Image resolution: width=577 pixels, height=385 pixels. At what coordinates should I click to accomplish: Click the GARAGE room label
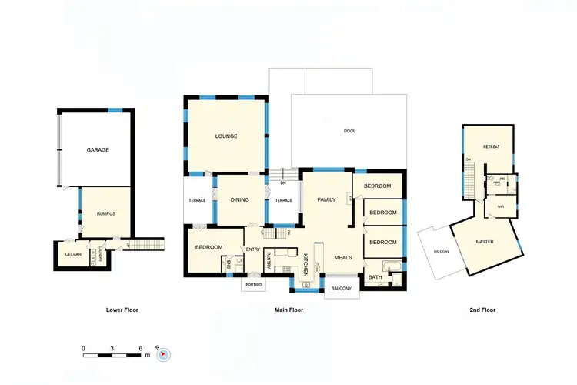click(98, 150)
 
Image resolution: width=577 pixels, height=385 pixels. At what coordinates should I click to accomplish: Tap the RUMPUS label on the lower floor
click(106, 213)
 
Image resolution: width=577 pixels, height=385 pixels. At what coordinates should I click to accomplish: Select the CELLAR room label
click(73, 254)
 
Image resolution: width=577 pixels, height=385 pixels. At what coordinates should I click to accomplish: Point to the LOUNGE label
click(226, 136)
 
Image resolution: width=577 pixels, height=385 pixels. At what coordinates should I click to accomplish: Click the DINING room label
click(239, 200)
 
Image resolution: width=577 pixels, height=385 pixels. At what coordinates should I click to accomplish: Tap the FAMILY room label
click(327, 199)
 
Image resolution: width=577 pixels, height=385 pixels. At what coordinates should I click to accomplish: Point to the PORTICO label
click(253, 285)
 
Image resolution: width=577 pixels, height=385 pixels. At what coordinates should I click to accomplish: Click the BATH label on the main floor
click(375, 277)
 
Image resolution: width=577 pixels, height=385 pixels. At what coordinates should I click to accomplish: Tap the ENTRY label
click(253, 249)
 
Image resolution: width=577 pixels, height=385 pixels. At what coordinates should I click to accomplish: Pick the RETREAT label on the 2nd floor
click(491, 146)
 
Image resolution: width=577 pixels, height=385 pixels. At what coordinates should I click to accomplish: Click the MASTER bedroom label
click(485, 242)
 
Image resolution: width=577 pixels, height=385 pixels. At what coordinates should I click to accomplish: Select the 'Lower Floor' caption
click(122, 310)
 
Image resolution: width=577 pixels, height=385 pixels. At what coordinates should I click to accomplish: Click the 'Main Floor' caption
click(288, 310)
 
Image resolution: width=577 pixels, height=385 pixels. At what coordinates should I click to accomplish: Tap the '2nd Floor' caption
click(482, 310)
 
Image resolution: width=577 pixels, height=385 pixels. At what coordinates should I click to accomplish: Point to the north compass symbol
click(162, 354)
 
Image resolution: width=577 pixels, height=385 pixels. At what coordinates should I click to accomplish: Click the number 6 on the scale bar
click(141, 348)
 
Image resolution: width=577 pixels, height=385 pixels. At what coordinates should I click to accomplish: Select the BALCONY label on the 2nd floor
click(441, 252)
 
